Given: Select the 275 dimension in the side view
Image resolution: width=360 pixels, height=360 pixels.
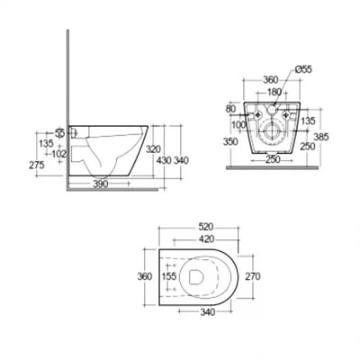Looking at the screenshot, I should pos(12,166).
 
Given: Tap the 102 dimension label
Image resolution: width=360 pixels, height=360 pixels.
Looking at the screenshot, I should pos(33,153).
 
